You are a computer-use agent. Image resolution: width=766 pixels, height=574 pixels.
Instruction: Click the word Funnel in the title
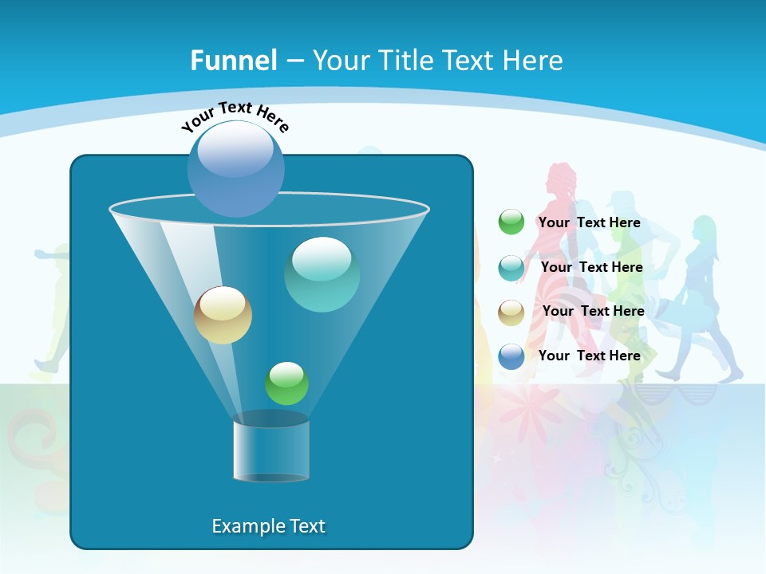pyautogui.click(x=234, y=61)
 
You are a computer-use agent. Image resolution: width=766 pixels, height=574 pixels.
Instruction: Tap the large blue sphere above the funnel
pyautogui.click(x=235, y=168)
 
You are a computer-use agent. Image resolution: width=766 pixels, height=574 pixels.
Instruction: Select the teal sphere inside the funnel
pyautogui.click(x=322, y=274)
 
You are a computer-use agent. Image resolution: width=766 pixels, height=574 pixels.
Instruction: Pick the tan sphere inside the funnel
pyautogui.click(x=223, y=315)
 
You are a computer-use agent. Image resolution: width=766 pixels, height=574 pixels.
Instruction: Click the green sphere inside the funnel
pyautogui.click(x=286, y=383)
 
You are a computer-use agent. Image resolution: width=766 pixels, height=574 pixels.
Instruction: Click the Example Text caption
pyautogui.click(x=268, y=526)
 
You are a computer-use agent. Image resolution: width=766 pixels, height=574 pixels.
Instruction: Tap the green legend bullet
pyautogui.click(x=511, y=222)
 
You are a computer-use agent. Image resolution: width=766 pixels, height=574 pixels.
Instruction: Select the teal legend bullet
pyautogui.click(x=511, y=268)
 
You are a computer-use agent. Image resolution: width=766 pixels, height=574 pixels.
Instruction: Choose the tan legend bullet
pyautogui.click(x=511, y=312)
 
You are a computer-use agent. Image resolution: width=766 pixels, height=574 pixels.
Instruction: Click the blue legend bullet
pyautogui.click(x=511, y=356)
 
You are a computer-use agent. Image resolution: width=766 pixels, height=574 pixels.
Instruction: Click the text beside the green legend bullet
pyautogui.click(x=589, y=222)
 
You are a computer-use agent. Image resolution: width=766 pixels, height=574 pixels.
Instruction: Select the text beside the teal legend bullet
pyautogui.click(x=591, y=267)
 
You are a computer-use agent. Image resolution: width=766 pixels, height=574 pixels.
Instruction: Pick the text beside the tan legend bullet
pyautogui.click(x=593, y=311)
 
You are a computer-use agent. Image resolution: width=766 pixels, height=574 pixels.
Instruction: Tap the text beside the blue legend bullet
pyautogui.click(x=589, y=356)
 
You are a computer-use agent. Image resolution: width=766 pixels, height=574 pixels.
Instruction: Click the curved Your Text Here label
pyautogui.click(x=235, y=116)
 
